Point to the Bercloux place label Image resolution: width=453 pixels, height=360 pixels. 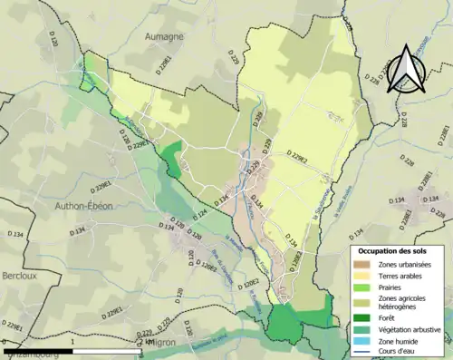tap(18, 274)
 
